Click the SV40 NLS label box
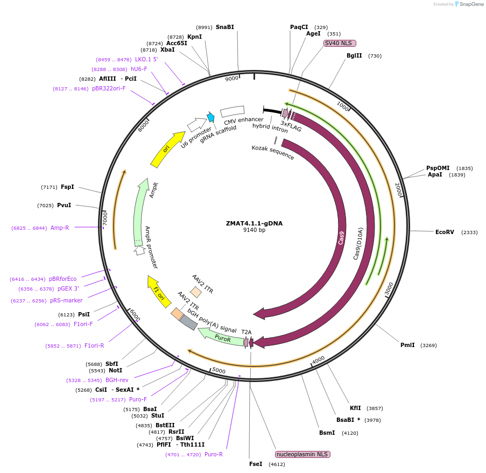click(340, 43)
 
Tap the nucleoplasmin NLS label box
click(302, 454)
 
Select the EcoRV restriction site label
click(445, 232)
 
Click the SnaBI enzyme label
click(225, 27)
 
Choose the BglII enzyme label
click(354, 55)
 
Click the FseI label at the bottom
click(256, 464)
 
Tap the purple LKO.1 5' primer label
click(146, 59)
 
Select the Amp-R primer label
click(60, 228)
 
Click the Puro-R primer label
click(214, 454)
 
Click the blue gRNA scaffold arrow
click(211, 117)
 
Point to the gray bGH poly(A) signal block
click(188, 322)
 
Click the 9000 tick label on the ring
click(231, 79)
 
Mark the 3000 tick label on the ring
click(389, 289)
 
